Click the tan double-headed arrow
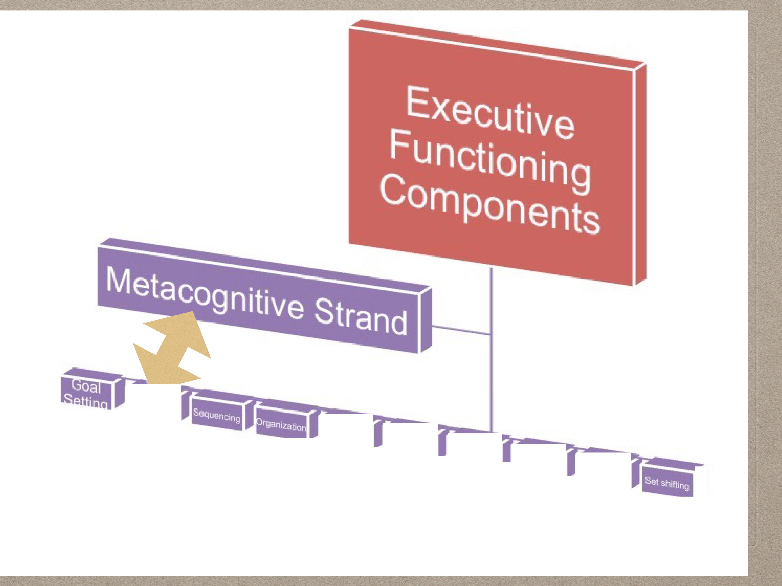tap(172, 350)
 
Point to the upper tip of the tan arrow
tap(193, 312)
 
